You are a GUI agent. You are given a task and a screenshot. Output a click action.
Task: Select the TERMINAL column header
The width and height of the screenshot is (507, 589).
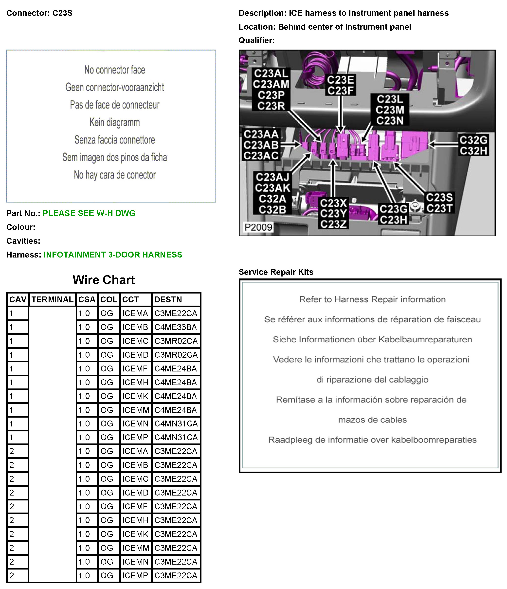[x=52, y=300]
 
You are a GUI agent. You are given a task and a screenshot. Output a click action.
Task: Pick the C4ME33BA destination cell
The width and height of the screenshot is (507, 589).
[x=176, y=327]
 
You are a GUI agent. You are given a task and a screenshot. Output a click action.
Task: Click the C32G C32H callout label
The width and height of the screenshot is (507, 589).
[x=473, y=145]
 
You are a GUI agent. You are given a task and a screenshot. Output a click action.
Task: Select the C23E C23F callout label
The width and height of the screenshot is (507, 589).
[x=340, y=85]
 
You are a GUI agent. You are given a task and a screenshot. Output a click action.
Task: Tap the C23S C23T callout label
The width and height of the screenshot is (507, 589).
[x=439, y=203]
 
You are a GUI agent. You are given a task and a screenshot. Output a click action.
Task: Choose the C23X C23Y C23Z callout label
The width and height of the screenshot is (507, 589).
[x=333, y=214]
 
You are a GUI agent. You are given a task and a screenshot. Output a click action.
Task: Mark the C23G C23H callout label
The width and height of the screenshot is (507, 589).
[x=393, y=214]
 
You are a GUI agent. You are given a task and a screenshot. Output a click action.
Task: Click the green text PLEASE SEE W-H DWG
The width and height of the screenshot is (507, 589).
[x=89, y=213]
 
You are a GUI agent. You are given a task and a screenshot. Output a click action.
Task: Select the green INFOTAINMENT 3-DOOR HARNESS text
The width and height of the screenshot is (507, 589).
[x=113, y=255]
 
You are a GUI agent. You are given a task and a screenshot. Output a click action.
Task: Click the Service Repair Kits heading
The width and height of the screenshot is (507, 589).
[x=276, y=272]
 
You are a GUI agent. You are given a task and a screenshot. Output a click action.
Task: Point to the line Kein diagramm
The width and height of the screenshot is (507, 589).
[x=114, y=123]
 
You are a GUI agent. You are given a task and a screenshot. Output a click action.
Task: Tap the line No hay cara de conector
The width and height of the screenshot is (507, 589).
[x=114, y=175]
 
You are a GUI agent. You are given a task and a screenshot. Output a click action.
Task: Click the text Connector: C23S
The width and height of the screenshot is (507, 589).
[x=39, y=13]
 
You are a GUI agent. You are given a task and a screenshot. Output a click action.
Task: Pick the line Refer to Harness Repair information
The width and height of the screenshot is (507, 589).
[x=372, y=299]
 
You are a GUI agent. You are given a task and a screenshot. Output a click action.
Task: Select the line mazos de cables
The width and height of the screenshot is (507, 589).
[x=372, y=420]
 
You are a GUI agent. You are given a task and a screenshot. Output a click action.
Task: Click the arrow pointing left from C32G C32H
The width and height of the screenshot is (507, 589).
[x=442, y=144]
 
